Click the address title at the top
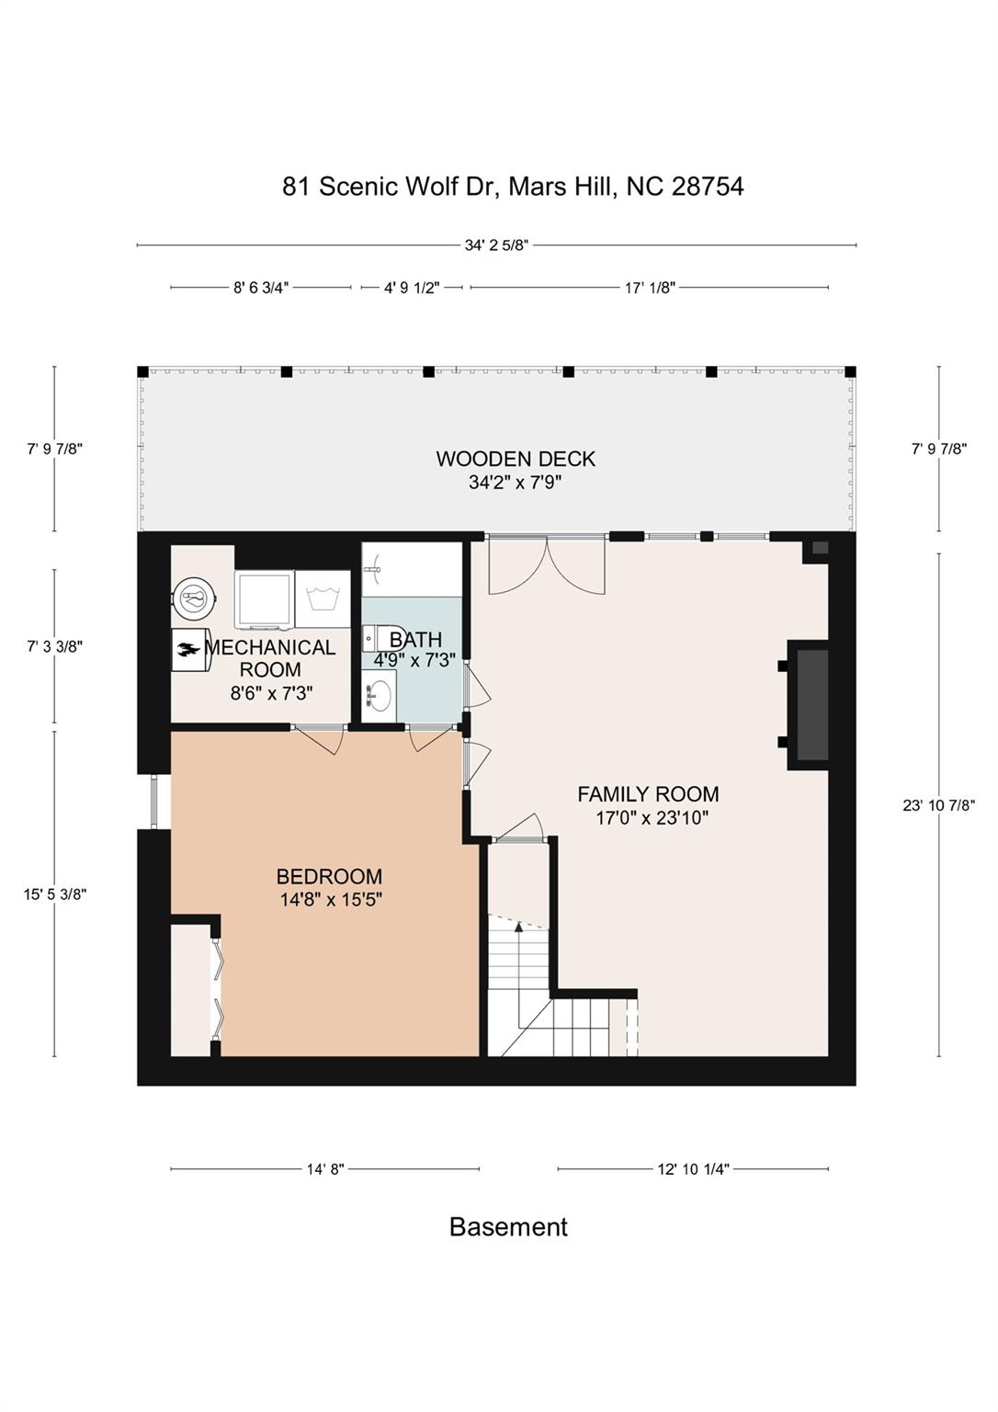tap(513, 187)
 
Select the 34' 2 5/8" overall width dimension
tap(496, 245)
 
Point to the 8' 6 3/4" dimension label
tap(261, 288)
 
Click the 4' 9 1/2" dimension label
tap(412, 288)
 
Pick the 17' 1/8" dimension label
tap(651, 288)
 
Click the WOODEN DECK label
tap(516, 459)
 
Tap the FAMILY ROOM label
tap(648, 794)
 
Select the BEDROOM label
tap(330, 877)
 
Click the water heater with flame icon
tap(190, 649)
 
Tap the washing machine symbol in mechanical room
tap(323, 598)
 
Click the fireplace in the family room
tap(808, 705)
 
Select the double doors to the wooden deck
tap(548, 564)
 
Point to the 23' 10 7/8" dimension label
tap(939, 805)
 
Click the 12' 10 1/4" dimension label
tap(693, 1169)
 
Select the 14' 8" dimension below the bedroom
tap(325, 1169)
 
